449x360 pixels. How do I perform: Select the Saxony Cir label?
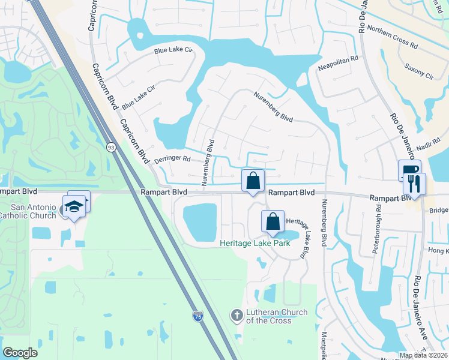click(419, 71)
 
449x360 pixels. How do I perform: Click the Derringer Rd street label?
click(172, 160)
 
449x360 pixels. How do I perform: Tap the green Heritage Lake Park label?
click(255, 243)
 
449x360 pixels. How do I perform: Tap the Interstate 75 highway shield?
click(198, 316)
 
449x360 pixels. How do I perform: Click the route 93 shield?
click(111, 147)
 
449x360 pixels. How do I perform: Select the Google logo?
click(20, 353)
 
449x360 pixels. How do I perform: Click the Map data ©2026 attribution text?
click(423, 355)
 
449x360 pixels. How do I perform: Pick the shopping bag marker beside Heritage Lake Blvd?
click(273, 221)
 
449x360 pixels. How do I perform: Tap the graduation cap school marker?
click(75, 206)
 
